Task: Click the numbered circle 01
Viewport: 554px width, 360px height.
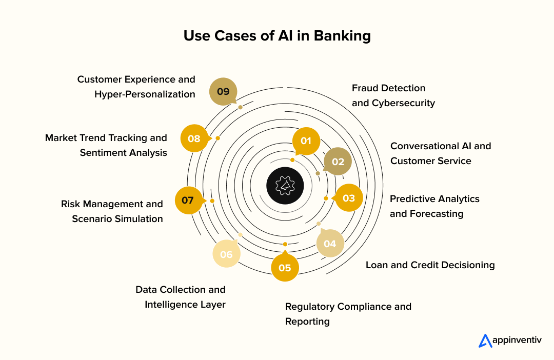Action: (x=306, y=141)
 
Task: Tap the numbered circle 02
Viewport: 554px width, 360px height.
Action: (x=338, y=161)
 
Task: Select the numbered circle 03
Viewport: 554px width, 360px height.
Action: (x=349, y=198)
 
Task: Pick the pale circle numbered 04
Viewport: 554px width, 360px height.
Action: (x=330, y=243)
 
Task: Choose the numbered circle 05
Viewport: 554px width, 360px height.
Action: (x=285, y=268)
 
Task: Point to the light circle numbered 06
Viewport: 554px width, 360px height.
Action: (x=226, y=254)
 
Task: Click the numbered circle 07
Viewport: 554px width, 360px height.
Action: (x=188, y=200)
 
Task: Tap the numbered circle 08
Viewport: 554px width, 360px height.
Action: (x=194, y=138)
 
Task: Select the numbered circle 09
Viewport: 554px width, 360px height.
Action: (x=223, y=92)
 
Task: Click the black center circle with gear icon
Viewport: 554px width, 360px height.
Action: (x=285, y=185)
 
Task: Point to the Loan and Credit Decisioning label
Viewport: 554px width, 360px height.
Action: (x=430, y=265)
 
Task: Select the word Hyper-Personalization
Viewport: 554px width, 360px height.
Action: (x=145, y=94)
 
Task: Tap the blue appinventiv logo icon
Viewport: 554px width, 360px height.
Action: (x=485, y=341)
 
